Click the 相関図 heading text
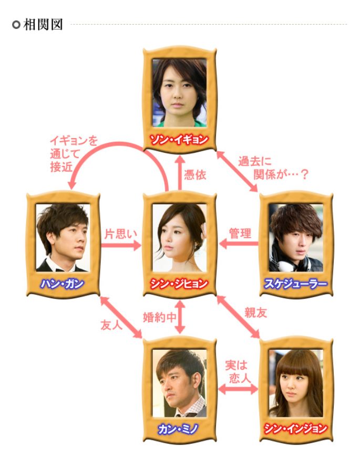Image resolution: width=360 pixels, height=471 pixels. click(43, 25)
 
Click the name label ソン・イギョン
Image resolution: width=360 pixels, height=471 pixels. click(179, 140)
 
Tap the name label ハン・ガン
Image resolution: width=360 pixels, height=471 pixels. click(63, 284)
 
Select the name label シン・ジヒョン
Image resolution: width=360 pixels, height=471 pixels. click(179, 284)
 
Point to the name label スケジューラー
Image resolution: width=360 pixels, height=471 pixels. click(296, 284)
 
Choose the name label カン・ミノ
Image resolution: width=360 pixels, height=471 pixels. click(178, 429)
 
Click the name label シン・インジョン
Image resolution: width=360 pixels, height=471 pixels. click(296, 429)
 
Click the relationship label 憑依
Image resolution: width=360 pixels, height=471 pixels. click(195, 175)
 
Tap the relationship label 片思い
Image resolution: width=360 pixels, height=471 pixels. click(120, 234)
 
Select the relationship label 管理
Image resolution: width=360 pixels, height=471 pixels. click(240, 233)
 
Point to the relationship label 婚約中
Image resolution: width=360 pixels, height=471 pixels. click(159, 317)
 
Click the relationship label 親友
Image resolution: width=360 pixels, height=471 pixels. click(255, 313)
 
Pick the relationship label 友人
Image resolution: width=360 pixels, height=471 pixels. click(111, 325)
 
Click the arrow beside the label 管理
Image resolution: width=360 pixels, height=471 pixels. click(239, 244)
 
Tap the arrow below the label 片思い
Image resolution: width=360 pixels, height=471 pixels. click(121, 245)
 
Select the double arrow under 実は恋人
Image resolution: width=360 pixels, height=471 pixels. click(238, 389)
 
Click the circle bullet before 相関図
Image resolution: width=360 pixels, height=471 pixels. click(16, 25)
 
